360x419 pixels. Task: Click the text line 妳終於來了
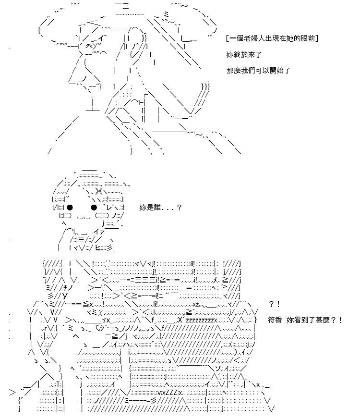(244, 55)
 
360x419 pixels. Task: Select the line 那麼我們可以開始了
(258, 71)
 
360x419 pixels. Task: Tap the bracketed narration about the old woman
(272, 38)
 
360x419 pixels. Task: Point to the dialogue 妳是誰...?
(160, 208)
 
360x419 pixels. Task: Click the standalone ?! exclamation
(275, 304)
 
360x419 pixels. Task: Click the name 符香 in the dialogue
(275, 320)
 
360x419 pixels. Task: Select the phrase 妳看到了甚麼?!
(314, 320)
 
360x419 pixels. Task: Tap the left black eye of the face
(70, 208)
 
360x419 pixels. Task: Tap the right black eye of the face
(94, 208)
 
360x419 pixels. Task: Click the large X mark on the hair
(99, 191)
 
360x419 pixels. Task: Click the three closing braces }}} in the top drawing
(205, 86)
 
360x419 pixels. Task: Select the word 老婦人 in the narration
(252, 38)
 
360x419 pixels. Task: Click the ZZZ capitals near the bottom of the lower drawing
(172, 393)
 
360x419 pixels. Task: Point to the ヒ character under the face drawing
(98, 248)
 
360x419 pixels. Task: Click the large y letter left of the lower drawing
(65, 296)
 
